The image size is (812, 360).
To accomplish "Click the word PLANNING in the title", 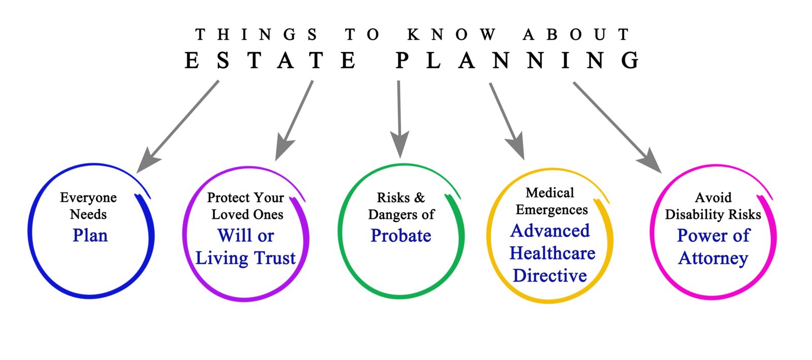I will pos(518,60).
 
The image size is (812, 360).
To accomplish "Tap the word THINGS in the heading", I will pos(256,35).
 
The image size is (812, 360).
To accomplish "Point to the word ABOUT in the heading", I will pos(576,35).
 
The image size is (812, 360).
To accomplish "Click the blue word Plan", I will pos(90,236).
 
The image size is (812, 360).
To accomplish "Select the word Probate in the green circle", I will pos(401,236).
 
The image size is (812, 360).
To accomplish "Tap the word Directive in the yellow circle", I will pos(550,275).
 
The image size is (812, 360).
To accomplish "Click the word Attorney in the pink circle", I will pos(713,258).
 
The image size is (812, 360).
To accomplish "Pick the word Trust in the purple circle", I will pos(275,258).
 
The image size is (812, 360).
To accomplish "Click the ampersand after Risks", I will pos(419,198).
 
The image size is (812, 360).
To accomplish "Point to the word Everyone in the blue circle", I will pos(88,198).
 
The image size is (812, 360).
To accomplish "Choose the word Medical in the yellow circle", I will pos(550,193).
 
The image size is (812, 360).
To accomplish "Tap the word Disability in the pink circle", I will pos(693,214).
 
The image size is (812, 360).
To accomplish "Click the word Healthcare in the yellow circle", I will pos(552,253).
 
